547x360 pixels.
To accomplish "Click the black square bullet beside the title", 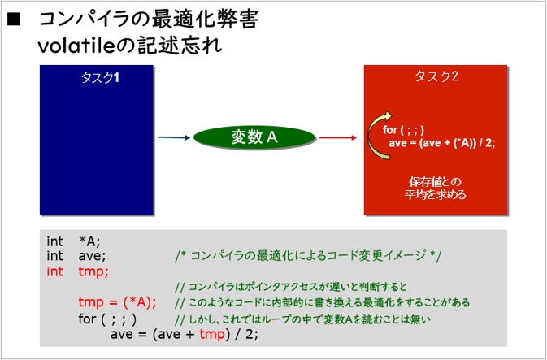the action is click(x=14, y=20).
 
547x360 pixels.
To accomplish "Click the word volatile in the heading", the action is click(x=76, y=46).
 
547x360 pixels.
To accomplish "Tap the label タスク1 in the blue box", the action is click(x=100, y=77).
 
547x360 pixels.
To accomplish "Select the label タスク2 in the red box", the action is click(x=436, y=76).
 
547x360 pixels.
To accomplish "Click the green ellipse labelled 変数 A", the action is click(x=254, y=137).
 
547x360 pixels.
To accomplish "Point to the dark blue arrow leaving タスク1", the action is click(x=174, y=137).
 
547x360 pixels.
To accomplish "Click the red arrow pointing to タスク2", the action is click(x=337, y=138).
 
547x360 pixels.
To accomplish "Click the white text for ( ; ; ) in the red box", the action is click(x=403, y=130).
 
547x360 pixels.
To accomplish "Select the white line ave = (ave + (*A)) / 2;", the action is click(x=441, y=143).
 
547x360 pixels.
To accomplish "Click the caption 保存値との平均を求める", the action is click(x=436, y=189).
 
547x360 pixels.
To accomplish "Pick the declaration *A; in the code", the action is click(x=89, y=241).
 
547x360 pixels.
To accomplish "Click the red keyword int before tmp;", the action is click(x=54, y=271).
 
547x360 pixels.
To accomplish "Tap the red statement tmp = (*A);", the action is click(x=117, y=302).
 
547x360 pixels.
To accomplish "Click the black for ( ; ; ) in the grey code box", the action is click(x=107, y=319).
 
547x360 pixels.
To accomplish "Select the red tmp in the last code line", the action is click(x=212, y=335).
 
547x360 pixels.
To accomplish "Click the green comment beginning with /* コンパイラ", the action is click(x=308, y=256).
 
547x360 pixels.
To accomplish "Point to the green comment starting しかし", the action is click(x=302, y=319).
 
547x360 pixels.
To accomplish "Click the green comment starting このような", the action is click(x=323, y=302).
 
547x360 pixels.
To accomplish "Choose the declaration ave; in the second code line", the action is click(x=92, y=256).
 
